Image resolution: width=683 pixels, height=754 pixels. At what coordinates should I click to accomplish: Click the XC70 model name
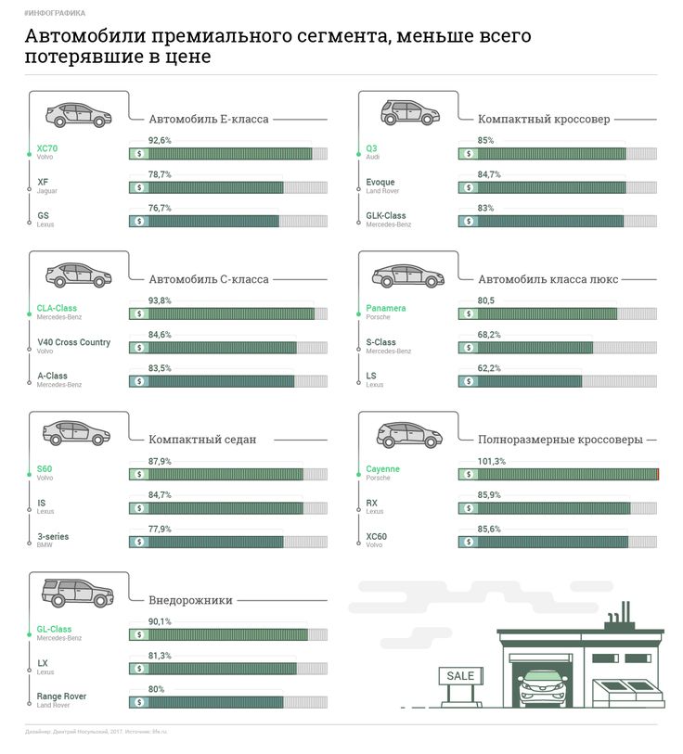[47, 147]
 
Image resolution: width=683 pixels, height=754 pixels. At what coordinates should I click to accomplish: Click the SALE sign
[460, 675]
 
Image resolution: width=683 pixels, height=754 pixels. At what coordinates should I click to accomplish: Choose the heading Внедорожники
[190, 600]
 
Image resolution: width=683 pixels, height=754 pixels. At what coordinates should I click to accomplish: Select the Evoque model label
[380, 182]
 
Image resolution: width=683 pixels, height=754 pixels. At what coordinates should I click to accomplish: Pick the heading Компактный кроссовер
[544, 120]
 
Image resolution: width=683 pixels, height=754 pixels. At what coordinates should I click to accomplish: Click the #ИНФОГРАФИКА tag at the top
[55, 13]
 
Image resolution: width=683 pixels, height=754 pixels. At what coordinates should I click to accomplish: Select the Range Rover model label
[61, 696]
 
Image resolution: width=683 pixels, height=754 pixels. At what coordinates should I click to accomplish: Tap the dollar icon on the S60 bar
[139, 474]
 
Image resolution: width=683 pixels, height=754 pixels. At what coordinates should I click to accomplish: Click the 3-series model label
[53, 537]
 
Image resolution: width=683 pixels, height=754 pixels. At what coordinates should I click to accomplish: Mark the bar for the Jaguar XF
[206, 187]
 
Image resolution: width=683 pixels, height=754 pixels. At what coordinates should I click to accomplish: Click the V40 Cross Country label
[73, 342]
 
